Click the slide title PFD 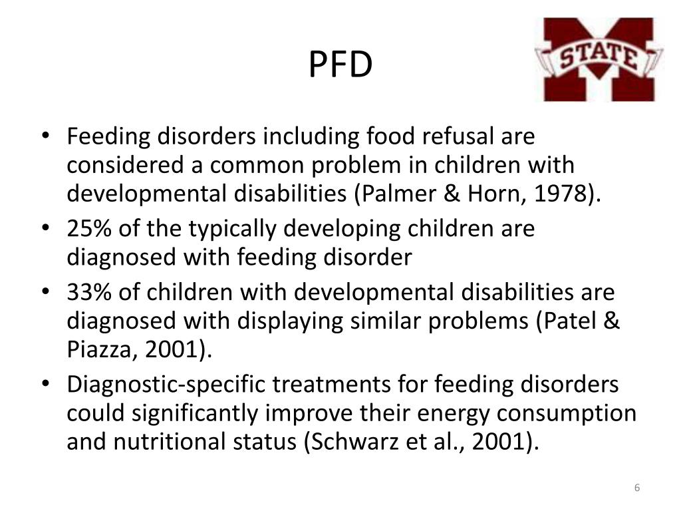point(340,65)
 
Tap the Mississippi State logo point(599,59)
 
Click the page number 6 point(636,489)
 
